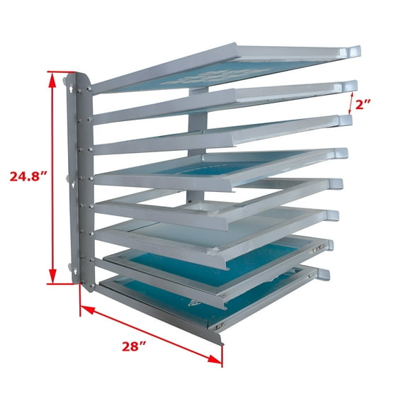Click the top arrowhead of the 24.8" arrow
(x=52, y=78)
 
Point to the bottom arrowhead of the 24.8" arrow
(x=52, y=277)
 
